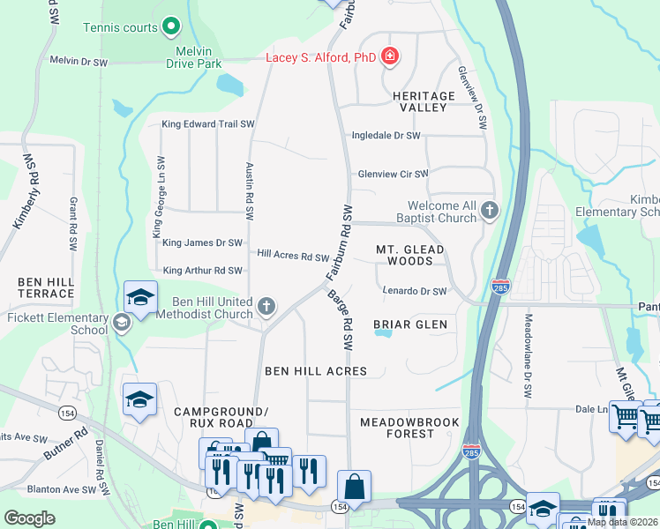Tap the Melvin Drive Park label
click(x=193, y=57)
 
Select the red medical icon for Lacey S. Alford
click(x=390, y=58)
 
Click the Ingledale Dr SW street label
click(x=386, y=136)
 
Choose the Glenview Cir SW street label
click(x=393, y=175)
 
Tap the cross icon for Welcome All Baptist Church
click(x=490, y=211)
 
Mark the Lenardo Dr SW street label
click(x=415, y=291)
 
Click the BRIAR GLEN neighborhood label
click(x=410, y=324)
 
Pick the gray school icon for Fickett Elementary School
click(x=122, y=324)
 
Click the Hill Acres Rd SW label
click(x=293, y=256)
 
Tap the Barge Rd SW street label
click(x=341, y=318)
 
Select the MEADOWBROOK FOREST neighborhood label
click(x=409, y=428)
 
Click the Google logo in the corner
click(x=30, y=518)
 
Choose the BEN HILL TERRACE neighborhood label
click(x=45, y=287)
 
